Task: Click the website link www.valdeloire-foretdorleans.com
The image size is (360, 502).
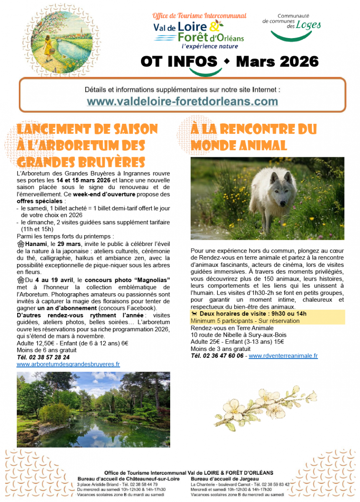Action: coord(182,102)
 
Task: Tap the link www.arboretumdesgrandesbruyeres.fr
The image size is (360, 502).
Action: coord(68,364)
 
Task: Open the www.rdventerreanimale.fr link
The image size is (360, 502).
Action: coord(283,356)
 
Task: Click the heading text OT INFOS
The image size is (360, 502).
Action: coord(179,62)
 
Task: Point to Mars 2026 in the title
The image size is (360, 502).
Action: coord(277,62)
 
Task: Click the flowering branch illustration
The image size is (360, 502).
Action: coord(266,403)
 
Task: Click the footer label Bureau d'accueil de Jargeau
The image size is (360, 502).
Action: coord(225,479)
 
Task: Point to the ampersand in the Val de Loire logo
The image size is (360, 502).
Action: coord(213,27)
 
